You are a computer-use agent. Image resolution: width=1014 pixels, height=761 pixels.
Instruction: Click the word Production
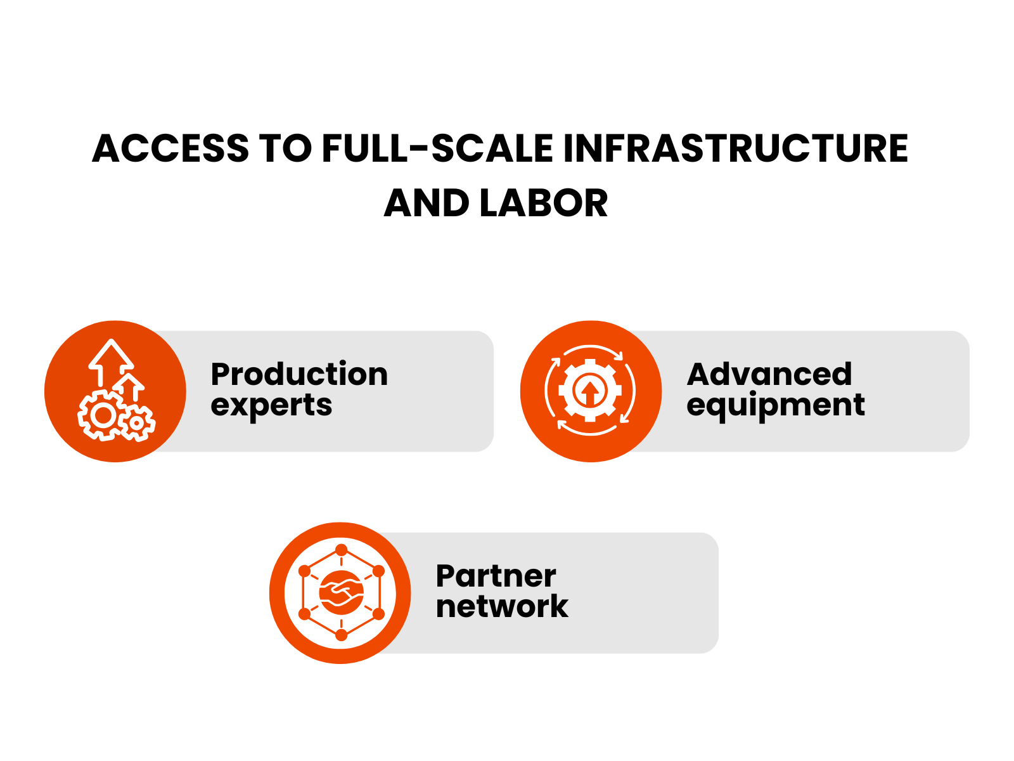299,374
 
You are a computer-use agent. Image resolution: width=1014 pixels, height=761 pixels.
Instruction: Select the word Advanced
769,374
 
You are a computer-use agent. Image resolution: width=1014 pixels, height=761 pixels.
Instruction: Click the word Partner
496,576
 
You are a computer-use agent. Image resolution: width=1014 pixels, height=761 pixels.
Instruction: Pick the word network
502,607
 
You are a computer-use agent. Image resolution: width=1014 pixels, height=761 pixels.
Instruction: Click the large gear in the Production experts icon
101,415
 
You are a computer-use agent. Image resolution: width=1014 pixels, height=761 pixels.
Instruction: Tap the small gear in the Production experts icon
136,422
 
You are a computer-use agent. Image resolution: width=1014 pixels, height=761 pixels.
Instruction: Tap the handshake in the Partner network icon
341,592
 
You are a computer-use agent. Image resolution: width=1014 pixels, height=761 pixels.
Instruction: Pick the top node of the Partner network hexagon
341,550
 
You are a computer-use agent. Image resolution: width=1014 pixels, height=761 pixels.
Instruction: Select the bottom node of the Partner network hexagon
341,635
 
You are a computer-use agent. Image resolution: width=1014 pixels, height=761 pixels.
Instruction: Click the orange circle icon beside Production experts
115,391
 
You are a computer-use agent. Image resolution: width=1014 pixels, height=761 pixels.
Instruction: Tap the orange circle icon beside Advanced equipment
591,391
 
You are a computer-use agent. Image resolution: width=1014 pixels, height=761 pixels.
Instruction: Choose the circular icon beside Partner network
340,593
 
